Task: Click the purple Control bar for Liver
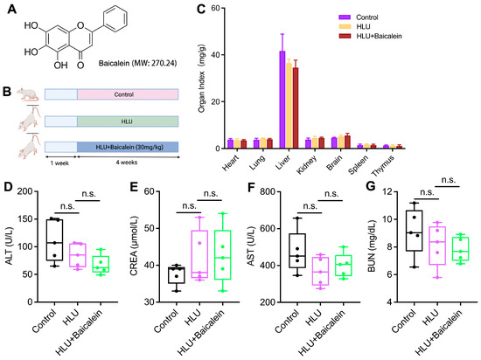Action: (x=282, y=100)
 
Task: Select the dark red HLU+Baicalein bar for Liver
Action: (x=296, y=107)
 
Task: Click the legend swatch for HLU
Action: (x=345, y=27)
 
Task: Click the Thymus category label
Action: (x=383, y=166)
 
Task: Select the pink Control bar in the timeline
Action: (x=128, y=94)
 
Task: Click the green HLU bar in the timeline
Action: (x=128, y=121)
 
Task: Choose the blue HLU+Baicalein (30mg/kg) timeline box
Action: (x=128, y=147)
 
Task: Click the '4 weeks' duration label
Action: (x=127, y=163)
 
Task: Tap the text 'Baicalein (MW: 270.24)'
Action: (x=137, y=63)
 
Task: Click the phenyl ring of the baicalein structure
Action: (x=115, y=18)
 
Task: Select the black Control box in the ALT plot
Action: (x=54, y=240)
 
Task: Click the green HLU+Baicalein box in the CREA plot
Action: (x=223, y=255)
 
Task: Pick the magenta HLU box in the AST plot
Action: (x=321, y=271)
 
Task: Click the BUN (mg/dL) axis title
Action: (x=372, y=246)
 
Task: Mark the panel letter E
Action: (x=134, y=187)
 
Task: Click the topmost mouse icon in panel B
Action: (x=28, y=94)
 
